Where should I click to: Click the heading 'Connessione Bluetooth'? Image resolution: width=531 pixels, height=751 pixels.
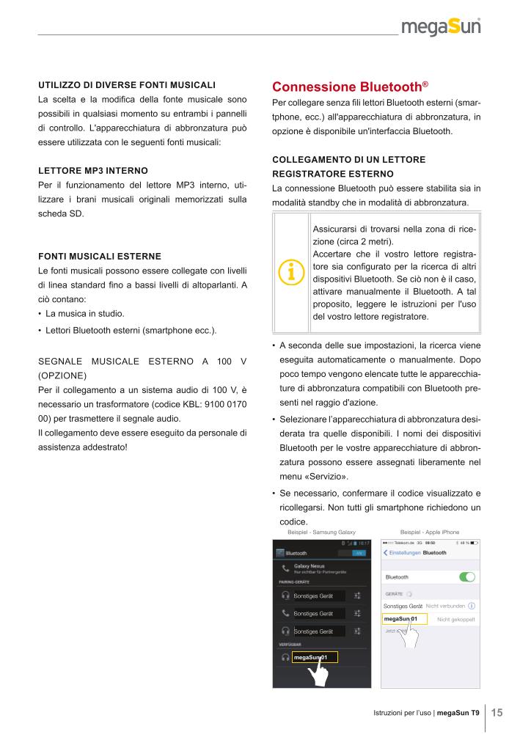(x=346, y=86)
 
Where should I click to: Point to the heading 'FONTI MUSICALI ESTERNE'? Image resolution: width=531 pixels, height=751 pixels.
(x=99, y=257)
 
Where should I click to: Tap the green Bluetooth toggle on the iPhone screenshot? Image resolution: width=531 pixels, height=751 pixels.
(x=466, y=577)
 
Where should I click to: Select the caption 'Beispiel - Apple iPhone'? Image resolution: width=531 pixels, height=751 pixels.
(x=430, y=531)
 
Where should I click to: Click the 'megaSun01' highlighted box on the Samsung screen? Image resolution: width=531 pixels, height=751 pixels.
(x=315, y=657)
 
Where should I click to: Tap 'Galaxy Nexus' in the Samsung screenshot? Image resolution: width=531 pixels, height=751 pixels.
(x=310, y=566)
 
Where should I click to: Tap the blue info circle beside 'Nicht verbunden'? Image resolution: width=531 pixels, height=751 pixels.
(x=471, y=606)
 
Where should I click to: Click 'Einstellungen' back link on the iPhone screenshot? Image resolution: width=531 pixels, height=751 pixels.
(x=404, y=552)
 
